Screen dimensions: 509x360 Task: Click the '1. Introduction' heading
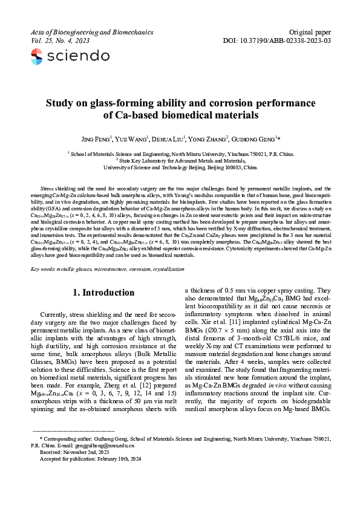[x=103, y=293]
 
